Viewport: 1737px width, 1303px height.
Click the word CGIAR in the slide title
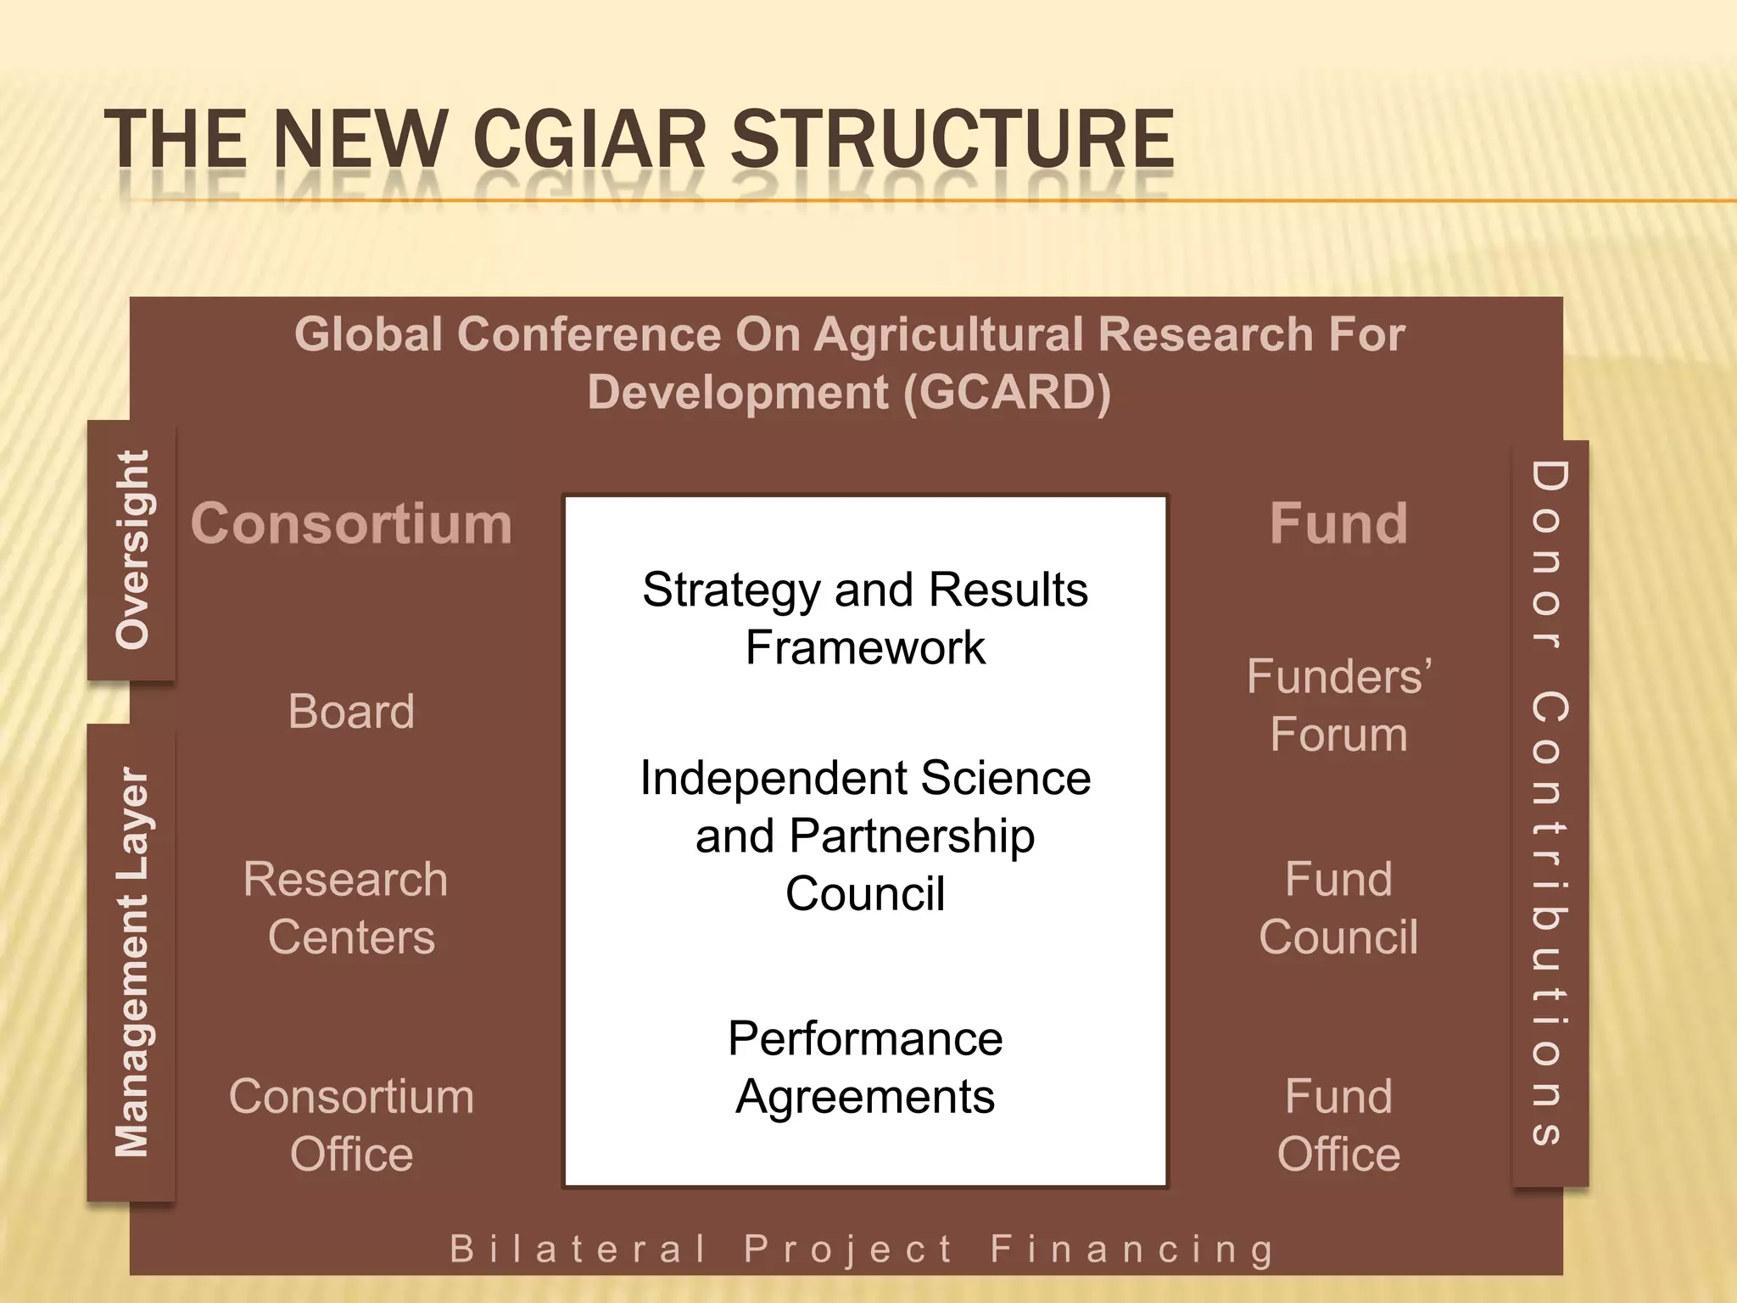(589, 139)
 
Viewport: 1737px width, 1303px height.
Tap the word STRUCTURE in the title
(952, 139)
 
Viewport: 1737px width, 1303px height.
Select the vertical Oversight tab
(132, 550)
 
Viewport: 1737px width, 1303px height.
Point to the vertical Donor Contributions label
(1549, 802)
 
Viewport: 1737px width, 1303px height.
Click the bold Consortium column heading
(351, 523)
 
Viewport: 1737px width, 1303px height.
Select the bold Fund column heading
(1338, 523)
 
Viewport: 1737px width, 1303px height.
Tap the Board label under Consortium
(351, 711)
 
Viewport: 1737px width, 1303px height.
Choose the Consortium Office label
(351, 1125)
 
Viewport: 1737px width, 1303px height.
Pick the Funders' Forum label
(1338, 705)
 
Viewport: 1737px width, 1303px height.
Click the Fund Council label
(1338, 908)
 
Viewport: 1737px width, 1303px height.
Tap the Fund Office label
(1338, 1125)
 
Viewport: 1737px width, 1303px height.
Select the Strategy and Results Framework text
(865, 618)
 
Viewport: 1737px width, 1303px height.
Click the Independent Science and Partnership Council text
(865, 836)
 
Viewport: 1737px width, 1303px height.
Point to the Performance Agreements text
(865, 1067)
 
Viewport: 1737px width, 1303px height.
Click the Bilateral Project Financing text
(862, 1250)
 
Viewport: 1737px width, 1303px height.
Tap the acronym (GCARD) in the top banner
(1006, 393)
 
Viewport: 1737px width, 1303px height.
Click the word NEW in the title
(360, 139)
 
